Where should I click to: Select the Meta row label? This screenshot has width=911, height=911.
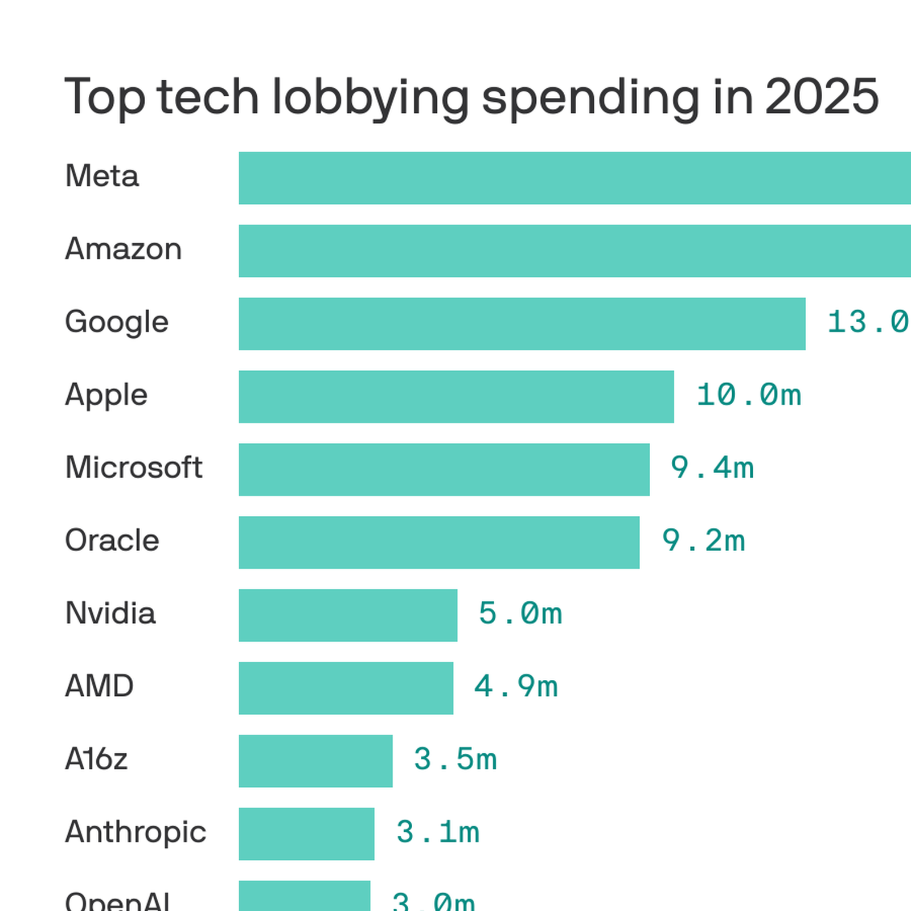[102, 176]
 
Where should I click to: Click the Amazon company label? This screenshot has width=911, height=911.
[124, 249]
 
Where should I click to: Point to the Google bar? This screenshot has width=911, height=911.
[522, 323]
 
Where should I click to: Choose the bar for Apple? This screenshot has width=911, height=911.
[456, 396]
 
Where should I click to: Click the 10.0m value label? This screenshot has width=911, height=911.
[748, 395]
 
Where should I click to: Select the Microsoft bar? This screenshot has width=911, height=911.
[444, 469]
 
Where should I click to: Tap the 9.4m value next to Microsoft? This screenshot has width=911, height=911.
[712, 468]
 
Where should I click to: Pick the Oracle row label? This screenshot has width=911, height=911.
[112, 540]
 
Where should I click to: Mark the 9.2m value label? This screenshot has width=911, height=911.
[703, 541]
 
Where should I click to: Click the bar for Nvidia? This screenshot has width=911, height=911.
[348, 615]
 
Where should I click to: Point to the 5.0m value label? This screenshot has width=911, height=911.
[520, 614]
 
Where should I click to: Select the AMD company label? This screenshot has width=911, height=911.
[99, 686]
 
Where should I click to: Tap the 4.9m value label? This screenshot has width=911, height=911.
[516, 687]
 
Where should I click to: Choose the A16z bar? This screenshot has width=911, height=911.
[315, 761]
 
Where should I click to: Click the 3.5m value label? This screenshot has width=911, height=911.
[455, 760]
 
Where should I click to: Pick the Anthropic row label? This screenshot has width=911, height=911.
[136, 832]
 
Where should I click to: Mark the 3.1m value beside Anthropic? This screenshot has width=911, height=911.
[437, 832]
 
